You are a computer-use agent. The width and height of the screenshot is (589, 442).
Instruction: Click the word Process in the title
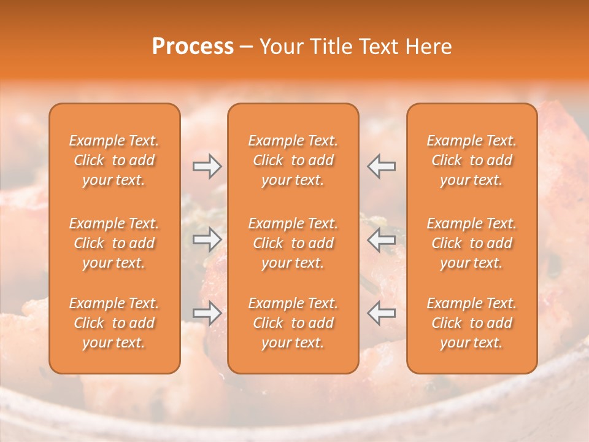point(193,47)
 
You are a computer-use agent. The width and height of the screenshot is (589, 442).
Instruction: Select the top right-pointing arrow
point(207,166)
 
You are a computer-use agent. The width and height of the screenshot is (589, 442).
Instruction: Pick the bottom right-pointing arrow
point(207,313)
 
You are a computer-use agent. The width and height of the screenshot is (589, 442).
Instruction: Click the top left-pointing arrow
point(381,166)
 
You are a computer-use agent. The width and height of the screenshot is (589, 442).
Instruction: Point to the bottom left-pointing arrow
point(381,313)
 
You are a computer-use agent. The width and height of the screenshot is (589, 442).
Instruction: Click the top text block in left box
point(114,160)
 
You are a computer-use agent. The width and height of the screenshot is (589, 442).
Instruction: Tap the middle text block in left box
point(114,243)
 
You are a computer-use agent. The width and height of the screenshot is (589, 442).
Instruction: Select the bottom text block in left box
point(114,323)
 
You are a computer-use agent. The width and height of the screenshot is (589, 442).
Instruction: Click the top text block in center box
point(293,160)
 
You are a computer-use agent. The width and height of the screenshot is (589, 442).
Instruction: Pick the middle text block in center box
point(293,243)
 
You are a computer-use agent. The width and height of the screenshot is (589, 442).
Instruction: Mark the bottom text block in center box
point(293,323)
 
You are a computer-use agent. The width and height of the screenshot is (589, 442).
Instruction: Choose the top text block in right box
point(472,160)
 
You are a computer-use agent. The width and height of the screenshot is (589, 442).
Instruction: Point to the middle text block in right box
point(472,243)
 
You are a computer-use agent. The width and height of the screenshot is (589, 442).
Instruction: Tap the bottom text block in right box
point(472,323)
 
